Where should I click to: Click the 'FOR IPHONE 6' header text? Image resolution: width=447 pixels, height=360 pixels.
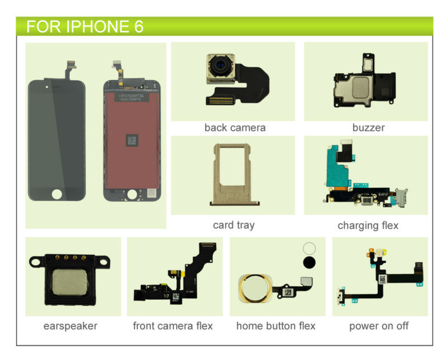tap(84, 26)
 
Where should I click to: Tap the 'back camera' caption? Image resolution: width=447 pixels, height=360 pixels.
tap(235, 128)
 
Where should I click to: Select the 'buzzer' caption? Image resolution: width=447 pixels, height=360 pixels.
tap(368, 128)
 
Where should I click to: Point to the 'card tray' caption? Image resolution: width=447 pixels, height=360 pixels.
tap(234, 225)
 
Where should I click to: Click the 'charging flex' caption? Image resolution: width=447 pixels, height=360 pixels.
tap(368, 225)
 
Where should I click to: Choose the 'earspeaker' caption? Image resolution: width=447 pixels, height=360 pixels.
tap(70, 326)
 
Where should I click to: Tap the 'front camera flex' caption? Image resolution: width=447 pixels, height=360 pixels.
tap(173, 326)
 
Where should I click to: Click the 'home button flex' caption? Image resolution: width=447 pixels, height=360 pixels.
tap(276, 326)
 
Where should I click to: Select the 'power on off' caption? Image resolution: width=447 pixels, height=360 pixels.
tap(379, 326)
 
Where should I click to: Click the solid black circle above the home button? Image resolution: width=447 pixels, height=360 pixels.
tap(309, 263)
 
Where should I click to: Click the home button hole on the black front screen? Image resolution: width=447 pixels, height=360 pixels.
tap(56, 194)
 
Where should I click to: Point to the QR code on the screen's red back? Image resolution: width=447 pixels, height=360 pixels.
tap(132, 140)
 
